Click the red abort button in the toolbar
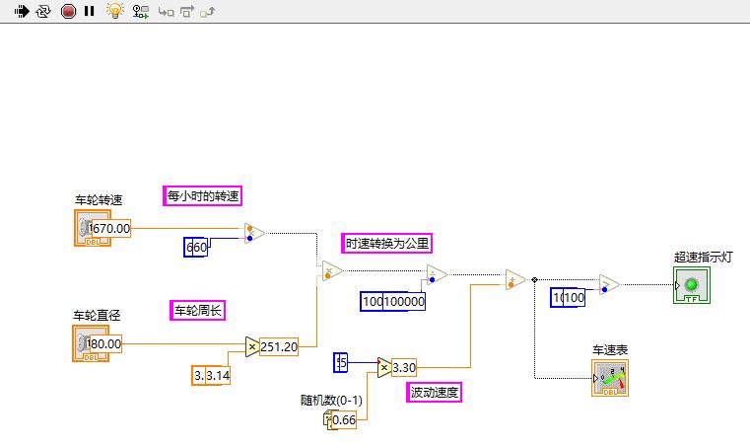[68, 12]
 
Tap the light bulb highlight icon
[114, 12]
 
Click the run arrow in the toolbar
[21, 12]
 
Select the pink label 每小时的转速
[203, 195]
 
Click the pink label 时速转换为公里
[387, 243]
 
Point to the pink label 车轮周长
[198, 310]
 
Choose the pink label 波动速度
[435, 392]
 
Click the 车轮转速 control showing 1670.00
[102, 228]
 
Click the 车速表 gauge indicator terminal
[610, 377]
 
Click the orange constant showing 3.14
[211, 375]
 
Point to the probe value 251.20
[279, 346]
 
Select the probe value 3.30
[405, 368]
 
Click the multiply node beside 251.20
[251, 346]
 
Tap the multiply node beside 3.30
[383, 368]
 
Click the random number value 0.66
[344, 419]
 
